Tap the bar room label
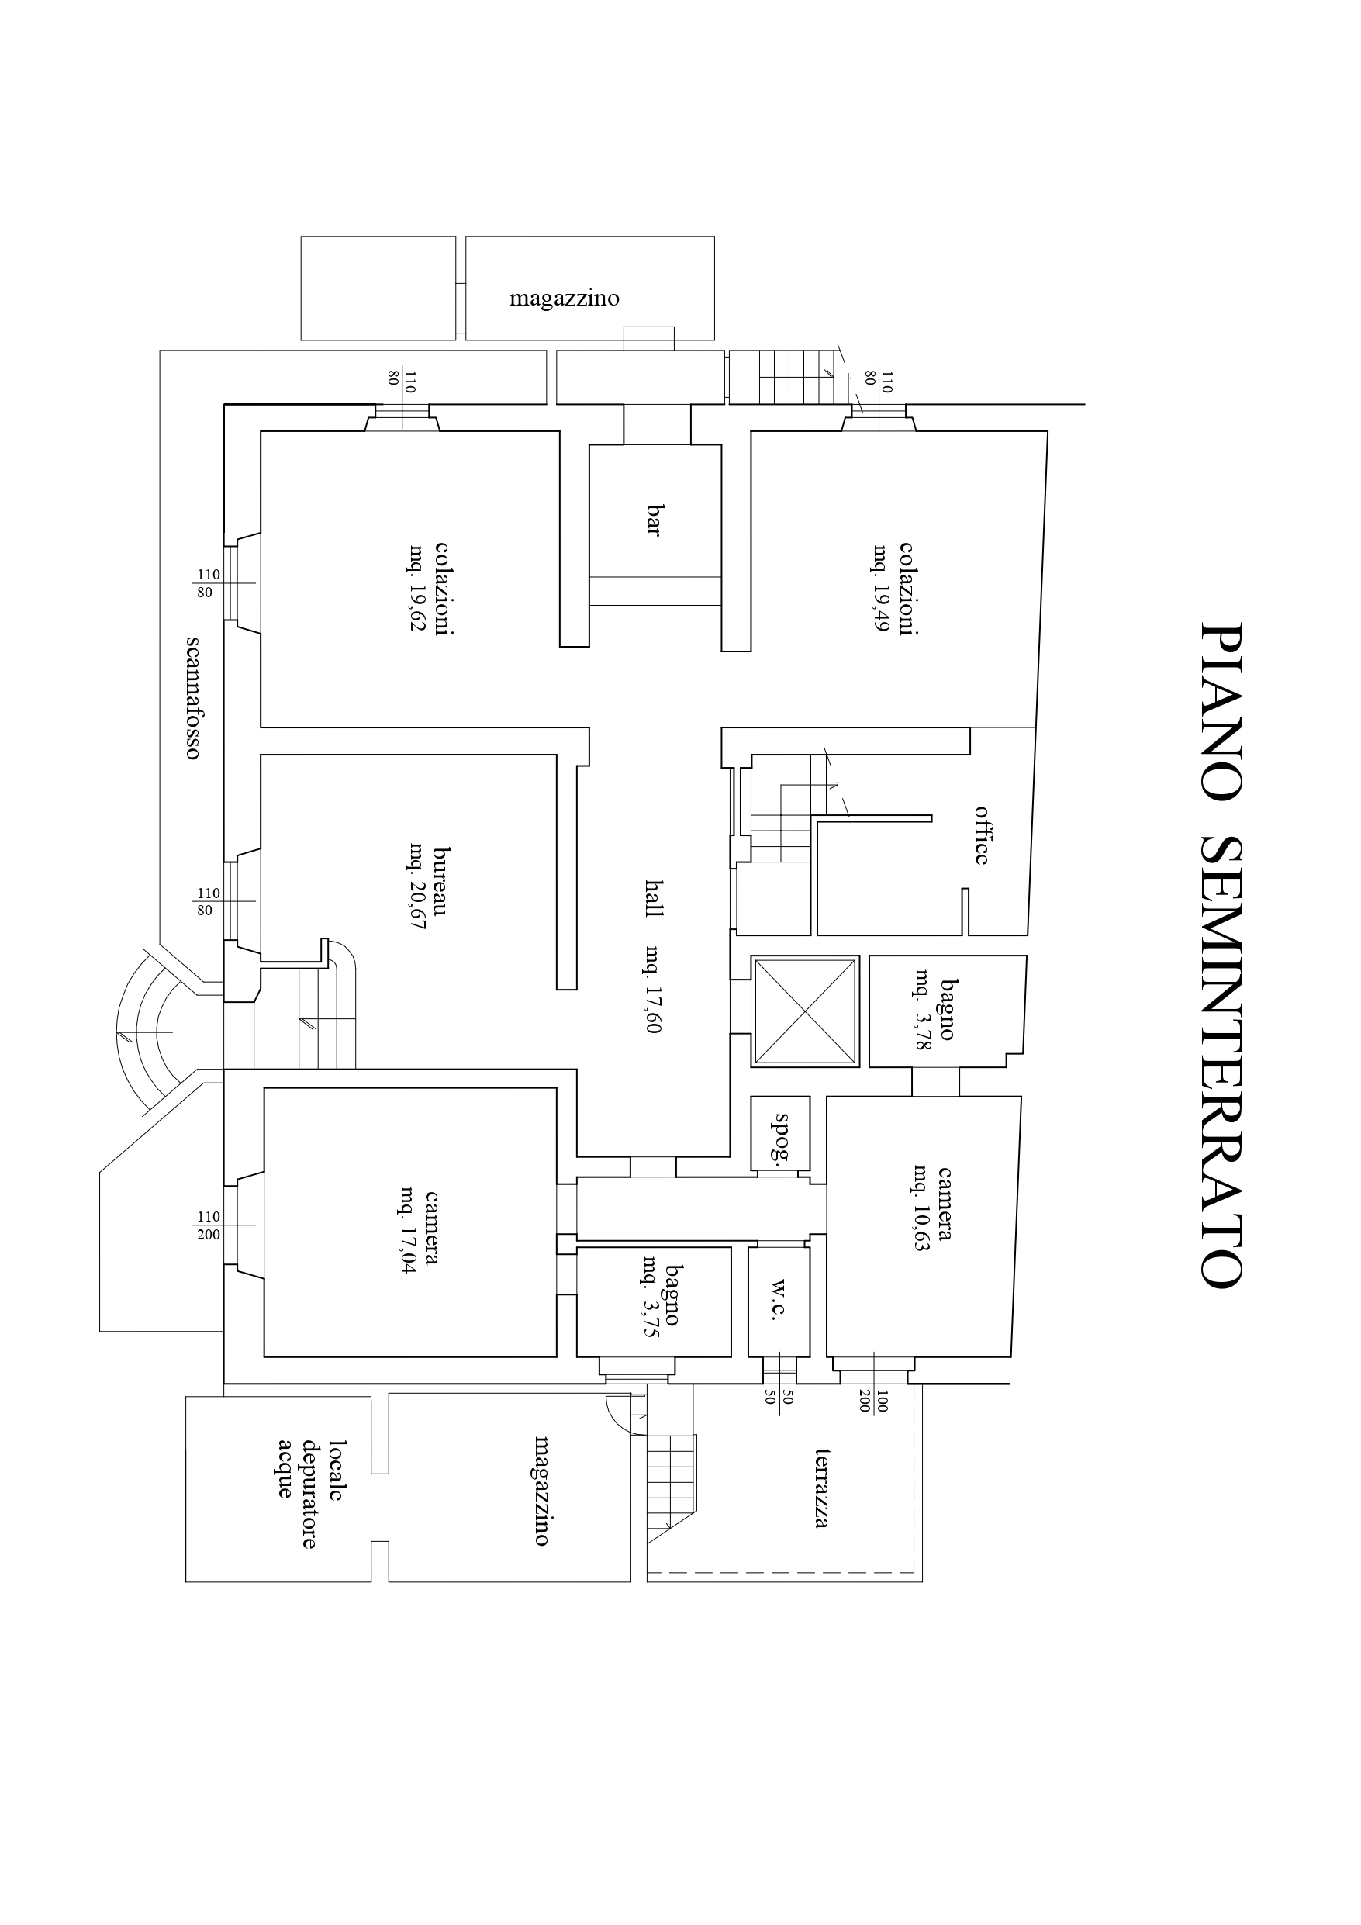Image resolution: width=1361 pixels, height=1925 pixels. click(x=654, y=520)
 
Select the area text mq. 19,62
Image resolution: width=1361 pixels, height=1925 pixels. click(x=416, y=588)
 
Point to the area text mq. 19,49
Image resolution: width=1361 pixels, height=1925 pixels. click(x=881, y=588)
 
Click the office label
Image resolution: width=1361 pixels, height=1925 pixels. click(x=980, y=835)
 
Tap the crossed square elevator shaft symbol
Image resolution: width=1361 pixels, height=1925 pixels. click(x=805, y=1011)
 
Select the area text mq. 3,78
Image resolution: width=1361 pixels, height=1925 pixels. click(x=924, y=1011)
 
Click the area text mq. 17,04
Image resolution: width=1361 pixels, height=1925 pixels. click(x=409, y=1229)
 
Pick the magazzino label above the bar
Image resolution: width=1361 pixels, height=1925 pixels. click(x=565, y=299)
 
